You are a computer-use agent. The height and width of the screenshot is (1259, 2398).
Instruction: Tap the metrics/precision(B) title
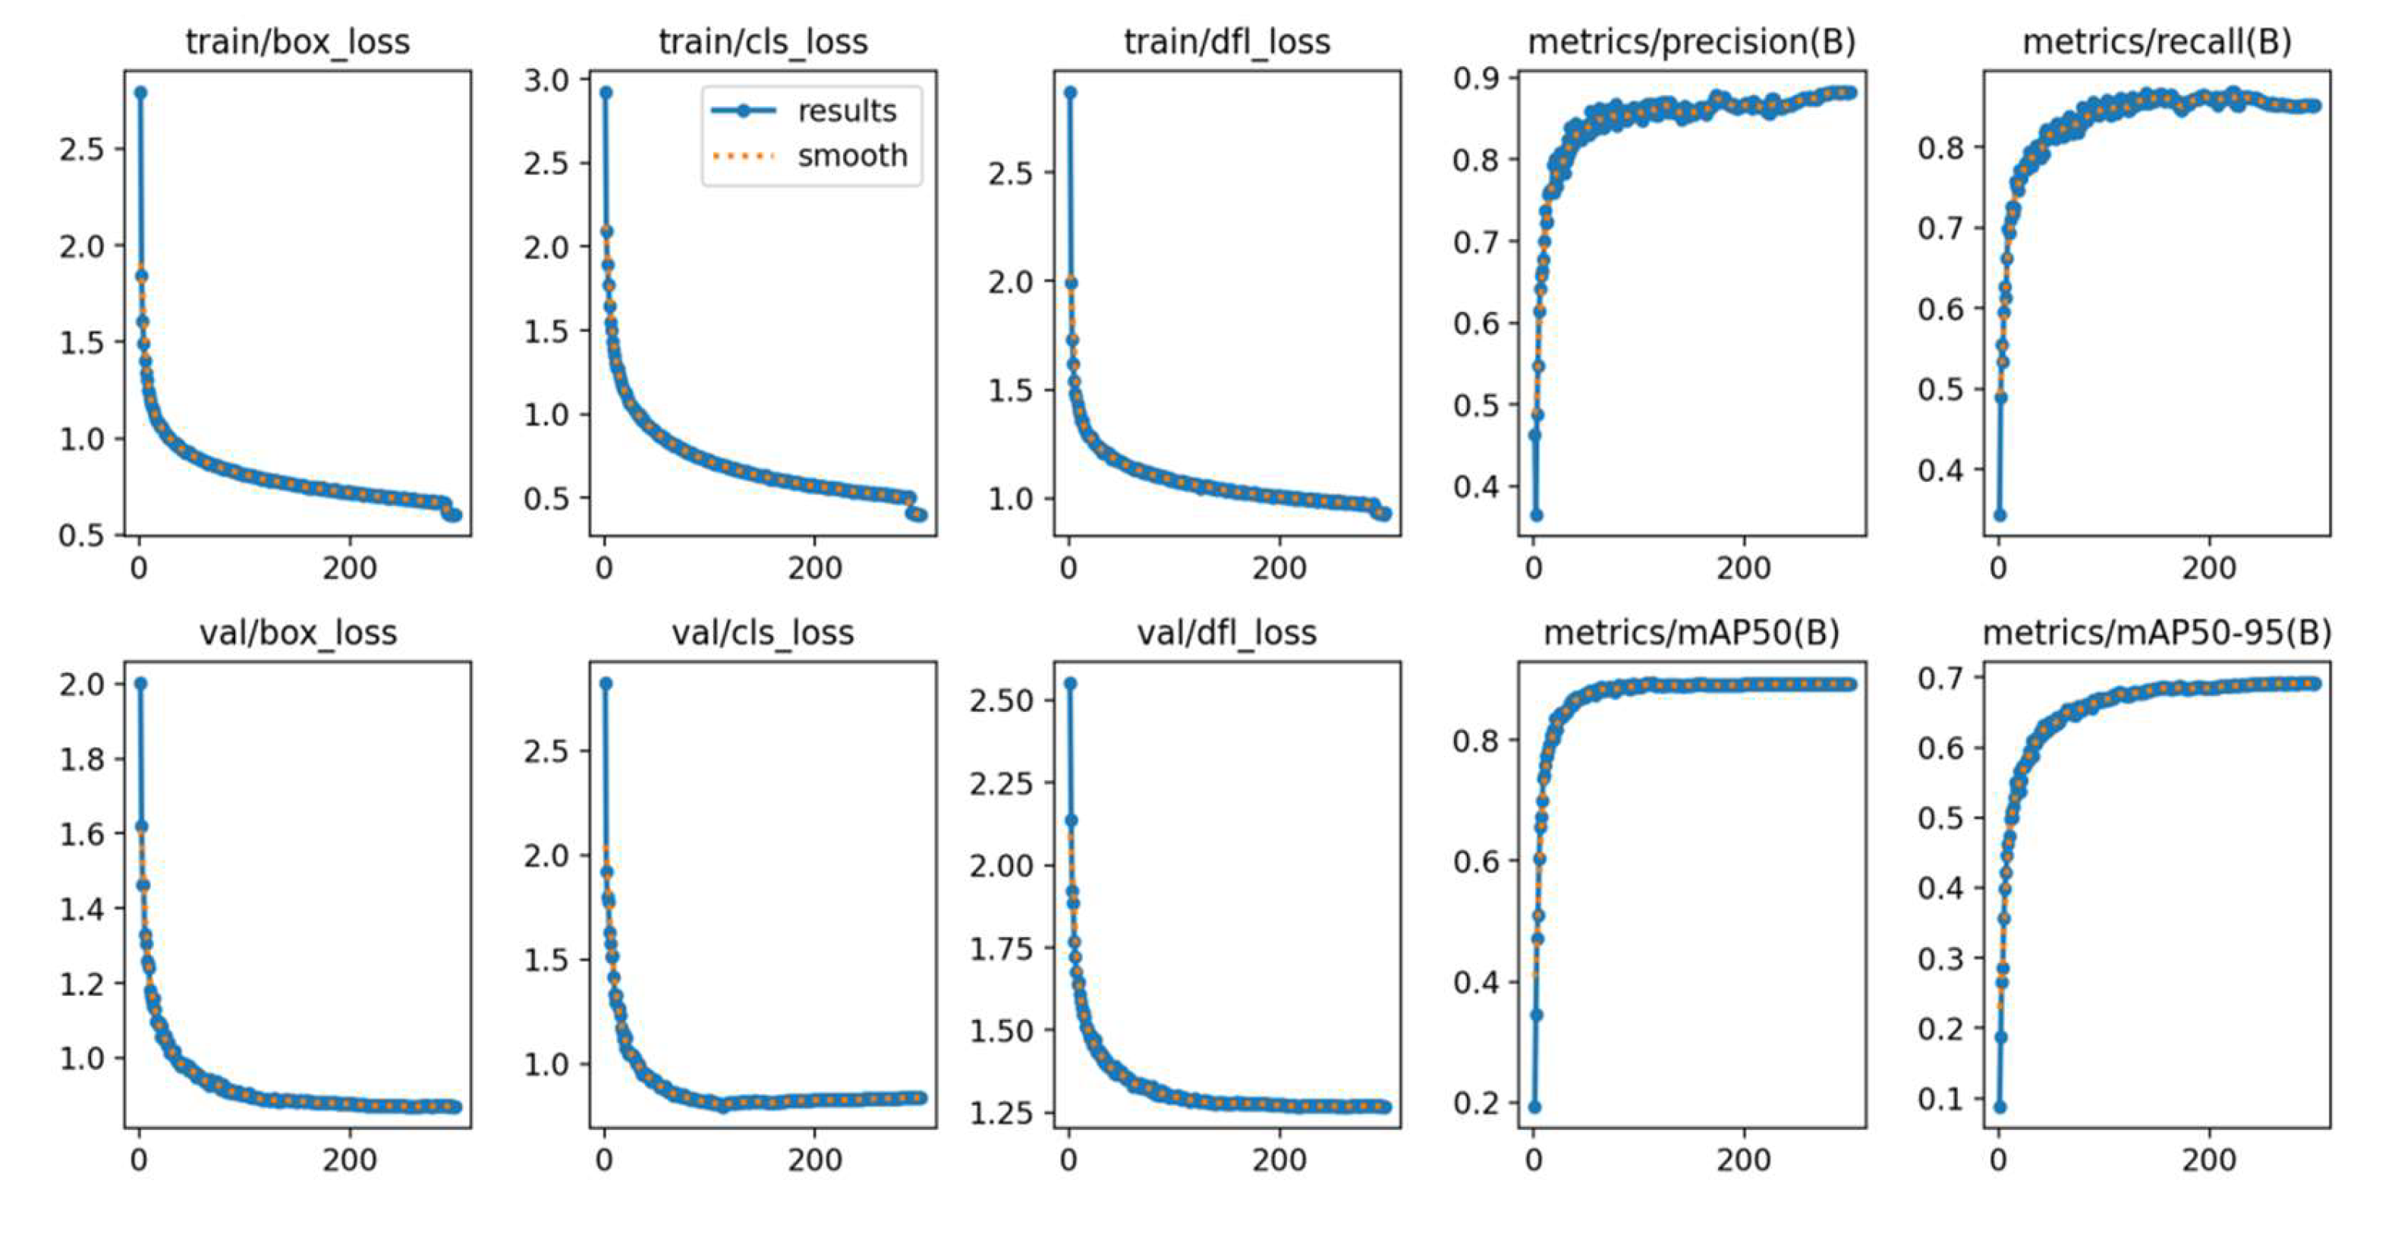[1692, 42]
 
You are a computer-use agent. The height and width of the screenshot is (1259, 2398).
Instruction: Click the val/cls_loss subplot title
[763, 633]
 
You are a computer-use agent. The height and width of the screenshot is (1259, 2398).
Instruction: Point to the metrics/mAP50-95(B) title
[2157, 633]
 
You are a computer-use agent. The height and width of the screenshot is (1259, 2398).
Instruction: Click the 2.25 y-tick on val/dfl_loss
[1002, 783]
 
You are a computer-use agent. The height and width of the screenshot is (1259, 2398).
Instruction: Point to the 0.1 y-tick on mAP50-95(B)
[1941, 1099]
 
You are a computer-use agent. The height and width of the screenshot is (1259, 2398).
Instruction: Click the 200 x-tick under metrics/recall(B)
[2208, 568]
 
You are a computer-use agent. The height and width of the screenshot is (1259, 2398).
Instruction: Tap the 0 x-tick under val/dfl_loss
[1068, 1160]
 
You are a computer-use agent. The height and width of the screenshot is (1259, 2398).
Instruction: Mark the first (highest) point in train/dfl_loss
[1071, 92]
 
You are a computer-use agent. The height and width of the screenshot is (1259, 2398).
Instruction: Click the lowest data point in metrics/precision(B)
[1536, 515]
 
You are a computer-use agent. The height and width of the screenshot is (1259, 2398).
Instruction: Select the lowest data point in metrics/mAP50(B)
[1535, 1106]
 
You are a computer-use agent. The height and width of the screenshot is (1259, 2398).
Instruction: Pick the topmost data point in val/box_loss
[140, 684]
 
